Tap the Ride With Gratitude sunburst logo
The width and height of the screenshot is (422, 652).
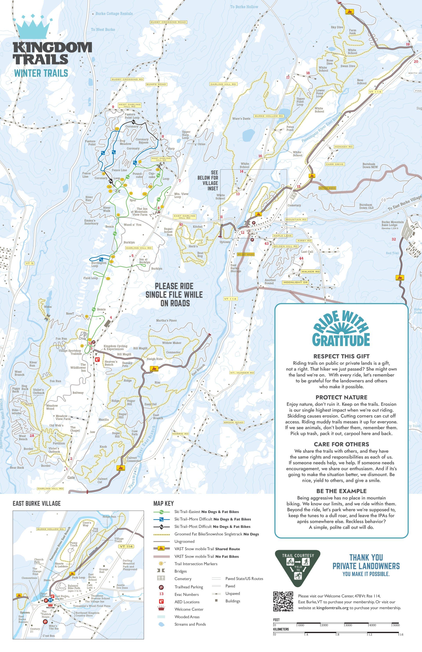341,329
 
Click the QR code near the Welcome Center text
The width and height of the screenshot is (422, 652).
283,601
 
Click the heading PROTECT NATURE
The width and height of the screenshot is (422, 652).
341,397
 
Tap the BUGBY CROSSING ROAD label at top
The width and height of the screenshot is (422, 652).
168,22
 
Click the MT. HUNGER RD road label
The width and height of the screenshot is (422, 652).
242,372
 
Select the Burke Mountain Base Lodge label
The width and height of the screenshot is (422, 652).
392,223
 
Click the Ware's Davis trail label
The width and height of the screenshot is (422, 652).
241,119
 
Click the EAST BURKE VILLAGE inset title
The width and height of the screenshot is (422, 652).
37,503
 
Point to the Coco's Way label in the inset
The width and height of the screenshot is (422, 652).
87,524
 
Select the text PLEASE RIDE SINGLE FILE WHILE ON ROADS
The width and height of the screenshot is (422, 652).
174,294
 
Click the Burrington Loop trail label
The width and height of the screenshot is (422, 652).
99,264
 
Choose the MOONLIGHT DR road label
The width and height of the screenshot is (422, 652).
295,282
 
